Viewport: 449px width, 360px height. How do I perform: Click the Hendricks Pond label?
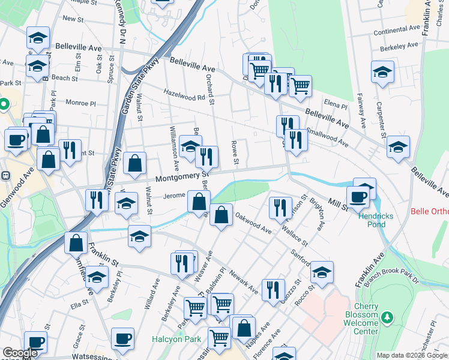tap(375, 219)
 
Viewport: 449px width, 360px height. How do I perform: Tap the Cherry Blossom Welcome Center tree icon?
tap(388, 316)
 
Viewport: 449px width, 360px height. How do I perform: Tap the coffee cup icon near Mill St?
tap(358, 196)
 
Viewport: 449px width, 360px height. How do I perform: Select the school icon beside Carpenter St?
tap(382, 72)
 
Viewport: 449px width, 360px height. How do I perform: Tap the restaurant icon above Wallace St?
tap(280, 208)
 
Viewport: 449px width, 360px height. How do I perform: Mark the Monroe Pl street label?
tap(80, 103)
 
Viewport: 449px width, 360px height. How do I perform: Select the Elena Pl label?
tap(336, 105)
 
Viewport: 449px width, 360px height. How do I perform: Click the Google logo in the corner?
tap(20, 353)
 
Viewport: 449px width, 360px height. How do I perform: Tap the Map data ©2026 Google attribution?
tap(412, 355)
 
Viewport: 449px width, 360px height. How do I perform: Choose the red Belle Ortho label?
tap(429, 211)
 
